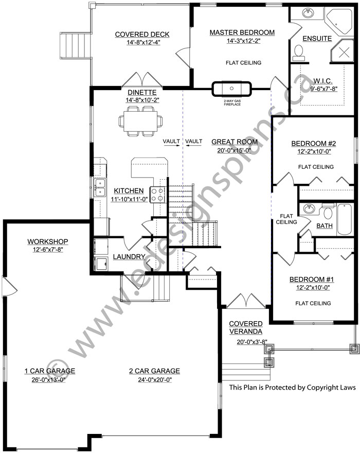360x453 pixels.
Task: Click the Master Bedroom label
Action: [x=242, y=32]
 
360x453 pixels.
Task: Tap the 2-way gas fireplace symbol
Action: [x=232, y=89]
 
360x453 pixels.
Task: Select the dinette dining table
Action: [x=140, y=121]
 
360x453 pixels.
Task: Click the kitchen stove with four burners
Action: [x=157, y=195]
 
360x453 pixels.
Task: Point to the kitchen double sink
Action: [x=100, y=187]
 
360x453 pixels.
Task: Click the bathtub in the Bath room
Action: [x=345, y=219]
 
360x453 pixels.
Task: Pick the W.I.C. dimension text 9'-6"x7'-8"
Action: [x=323, y=89]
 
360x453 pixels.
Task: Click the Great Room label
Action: [x=235, y=142]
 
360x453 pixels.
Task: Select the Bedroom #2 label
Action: [x=314, y=144]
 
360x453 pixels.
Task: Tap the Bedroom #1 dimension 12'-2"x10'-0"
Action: [x=313, y=288]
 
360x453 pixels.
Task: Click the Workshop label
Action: [x=48, y=241]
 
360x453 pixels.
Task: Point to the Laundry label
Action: [x=129, y=256]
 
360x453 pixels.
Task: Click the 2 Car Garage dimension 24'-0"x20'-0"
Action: [x=155, y=379]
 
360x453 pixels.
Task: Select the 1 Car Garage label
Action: [x=50, y=371]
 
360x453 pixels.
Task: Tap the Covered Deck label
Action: [x=142, y=34]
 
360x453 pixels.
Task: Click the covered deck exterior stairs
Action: [x=76, y=45]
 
